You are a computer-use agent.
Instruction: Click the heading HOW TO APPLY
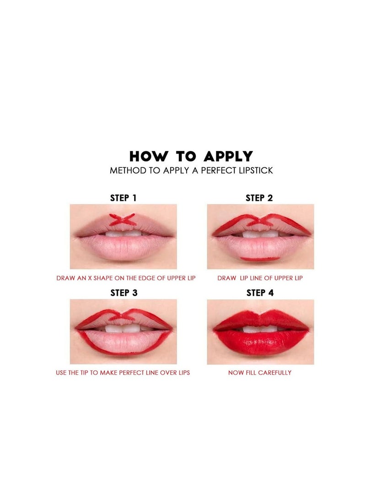click(x=191, y=156)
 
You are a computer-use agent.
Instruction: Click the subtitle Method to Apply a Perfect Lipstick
click(x=191, y=171)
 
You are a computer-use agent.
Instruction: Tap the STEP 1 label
click(x=123, y=198)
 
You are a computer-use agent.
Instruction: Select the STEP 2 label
click(x=259, y=198)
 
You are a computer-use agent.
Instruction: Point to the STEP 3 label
click(x=124, y=293)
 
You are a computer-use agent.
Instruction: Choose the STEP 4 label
click(x=260, y=293)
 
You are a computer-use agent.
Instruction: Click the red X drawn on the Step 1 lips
click(x=124, y=220)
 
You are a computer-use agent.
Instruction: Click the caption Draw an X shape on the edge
click(x=126, y=278)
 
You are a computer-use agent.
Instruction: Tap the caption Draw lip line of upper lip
click(x=260, y=278)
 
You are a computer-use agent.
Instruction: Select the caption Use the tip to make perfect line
click(x=123, y=373)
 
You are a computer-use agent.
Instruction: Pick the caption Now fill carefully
click(x=260, y=373)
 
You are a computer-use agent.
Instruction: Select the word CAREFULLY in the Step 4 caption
click(x=274, y=373)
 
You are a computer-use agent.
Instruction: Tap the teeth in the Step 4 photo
click(x=259, y=329)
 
